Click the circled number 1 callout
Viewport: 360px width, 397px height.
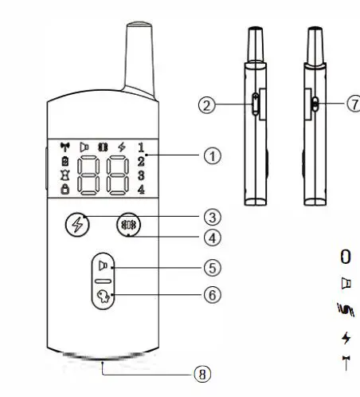[211, 157]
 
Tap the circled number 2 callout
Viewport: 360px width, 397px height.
[207, 104]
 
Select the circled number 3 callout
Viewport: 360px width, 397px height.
[211, 216]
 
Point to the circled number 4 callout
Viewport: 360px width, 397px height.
[211, 237]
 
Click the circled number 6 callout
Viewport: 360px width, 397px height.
[211, 294]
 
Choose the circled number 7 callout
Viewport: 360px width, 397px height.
[354, 104]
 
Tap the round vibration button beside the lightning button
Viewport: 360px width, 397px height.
[127, 224]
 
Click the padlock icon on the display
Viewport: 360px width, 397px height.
[65, 189]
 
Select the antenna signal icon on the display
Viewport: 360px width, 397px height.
[65, 147]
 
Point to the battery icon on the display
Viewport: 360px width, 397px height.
[65, 161]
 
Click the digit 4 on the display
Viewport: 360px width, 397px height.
[140, 189]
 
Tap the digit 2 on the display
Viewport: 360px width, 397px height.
[140, 161]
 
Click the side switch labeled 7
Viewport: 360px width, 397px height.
[315, 103]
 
